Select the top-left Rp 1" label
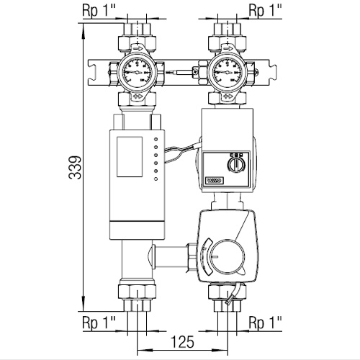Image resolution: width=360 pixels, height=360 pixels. (x=96, y=11)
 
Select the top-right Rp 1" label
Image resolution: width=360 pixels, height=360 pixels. (x=264, y=11)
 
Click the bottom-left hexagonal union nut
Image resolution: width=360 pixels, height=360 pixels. (x=136, y=294)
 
